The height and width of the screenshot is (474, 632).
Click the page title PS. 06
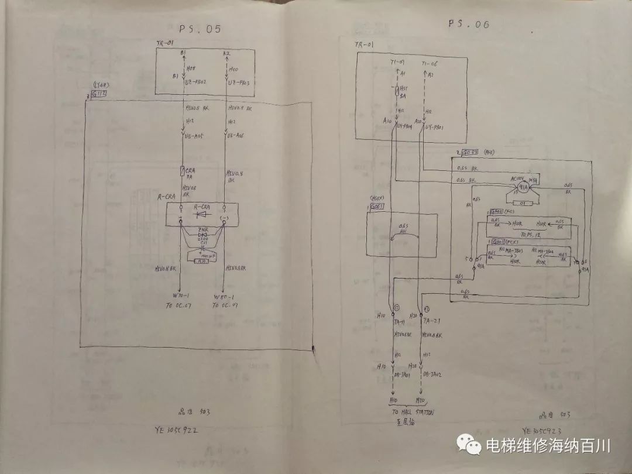click(468, 24)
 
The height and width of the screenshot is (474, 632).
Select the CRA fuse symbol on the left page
click(183, 171)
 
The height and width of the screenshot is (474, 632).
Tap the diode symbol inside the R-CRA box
click(201, 215)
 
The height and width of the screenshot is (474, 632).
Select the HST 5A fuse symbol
click(398, 91)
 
